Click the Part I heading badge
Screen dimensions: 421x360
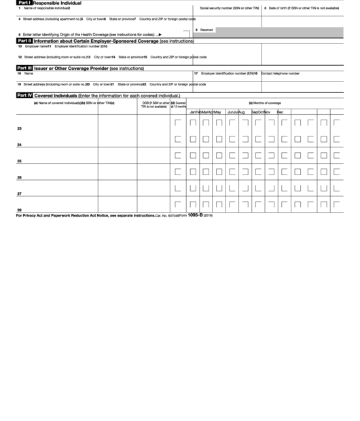pos(24,3)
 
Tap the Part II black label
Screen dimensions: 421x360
pos(24,41)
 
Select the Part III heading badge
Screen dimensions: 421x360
pos(24,69)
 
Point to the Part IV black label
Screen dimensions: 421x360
pos(24,96)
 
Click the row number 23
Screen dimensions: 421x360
pos(19,129)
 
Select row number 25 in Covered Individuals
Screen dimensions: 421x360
pos(19,161)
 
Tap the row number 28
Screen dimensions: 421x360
pos(19,210)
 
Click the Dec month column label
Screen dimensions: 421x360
pos(280,111)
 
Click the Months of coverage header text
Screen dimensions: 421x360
pos(264,103)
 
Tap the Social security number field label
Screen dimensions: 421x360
pos(229,7)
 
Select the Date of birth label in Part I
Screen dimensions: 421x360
pos(303,7)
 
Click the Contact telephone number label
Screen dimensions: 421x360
pos(280,73)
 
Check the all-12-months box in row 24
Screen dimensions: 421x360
pos(178,139)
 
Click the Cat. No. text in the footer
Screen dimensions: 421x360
pos(166,215)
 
